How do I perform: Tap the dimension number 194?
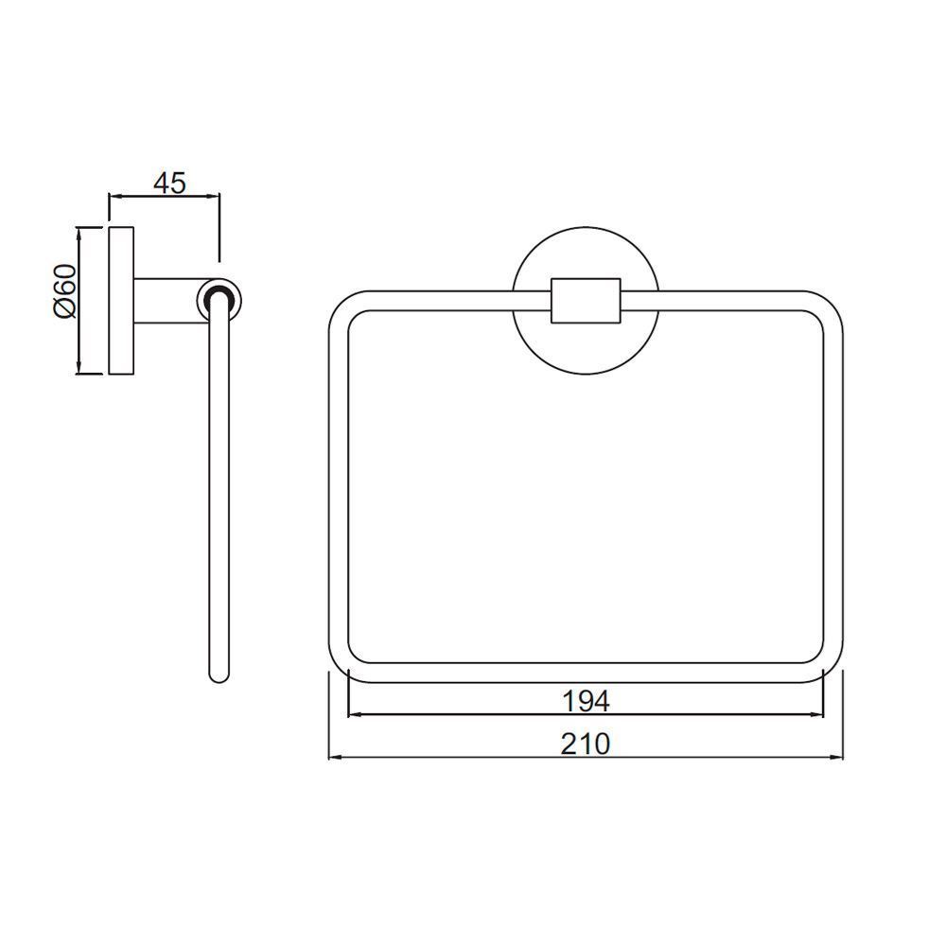point(587,701)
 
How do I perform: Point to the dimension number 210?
point(587,745)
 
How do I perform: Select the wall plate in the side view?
point(121,300)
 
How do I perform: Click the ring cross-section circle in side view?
point(219,300)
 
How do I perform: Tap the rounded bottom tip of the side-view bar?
point(219,674)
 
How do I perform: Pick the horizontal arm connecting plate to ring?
point(167,300)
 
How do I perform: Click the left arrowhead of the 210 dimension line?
point(333,759)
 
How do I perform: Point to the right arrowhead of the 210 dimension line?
point(839,759)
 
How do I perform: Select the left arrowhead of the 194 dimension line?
point(354,715)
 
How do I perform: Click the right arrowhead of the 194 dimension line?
point(819,715)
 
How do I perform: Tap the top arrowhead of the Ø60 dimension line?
point(79,233)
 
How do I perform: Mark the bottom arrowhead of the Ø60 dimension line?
point(79,368)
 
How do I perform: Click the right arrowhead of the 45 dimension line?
point(215,197)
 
